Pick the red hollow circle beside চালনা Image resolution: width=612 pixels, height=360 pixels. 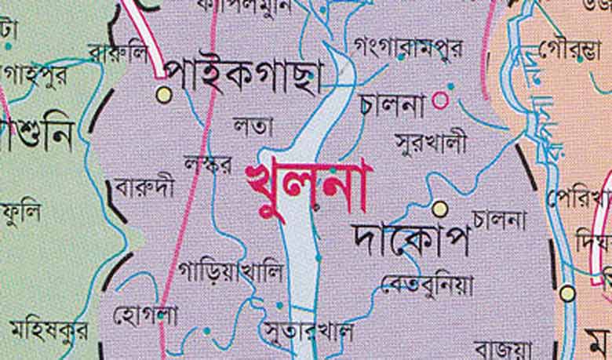tap(441, 100)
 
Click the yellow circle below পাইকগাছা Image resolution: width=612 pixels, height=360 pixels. tap(163, 96)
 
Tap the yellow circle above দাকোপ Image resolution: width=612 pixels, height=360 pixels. tap(440, 208)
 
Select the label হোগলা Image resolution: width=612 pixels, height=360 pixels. tap(145, 316)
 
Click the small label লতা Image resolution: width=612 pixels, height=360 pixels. tap(253, 126)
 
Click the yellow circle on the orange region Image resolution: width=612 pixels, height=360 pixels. tap(567, 293)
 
